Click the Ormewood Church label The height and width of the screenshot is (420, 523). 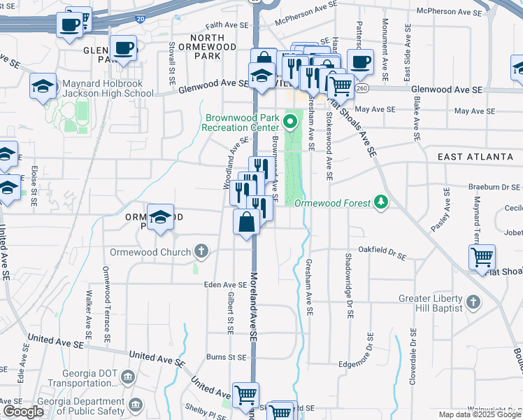coord(150,252)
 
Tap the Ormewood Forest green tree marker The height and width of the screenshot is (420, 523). coord(381,202)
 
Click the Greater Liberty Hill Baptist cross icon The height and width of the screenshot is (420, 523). coord(473,302)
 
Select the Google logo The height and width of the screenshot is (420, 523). coord(23,412)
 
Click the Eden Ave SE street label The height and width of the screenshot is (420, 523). coord(225,285)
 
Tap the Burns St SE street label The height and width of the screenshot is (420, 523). coord(226,357)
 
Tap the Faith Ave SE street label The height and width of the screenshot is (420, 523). coord(227,24)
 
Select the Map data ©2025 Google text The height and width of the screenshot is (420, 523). coord(480,414)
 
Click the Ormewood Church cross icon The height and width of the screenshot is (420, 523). coord(201,251)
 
